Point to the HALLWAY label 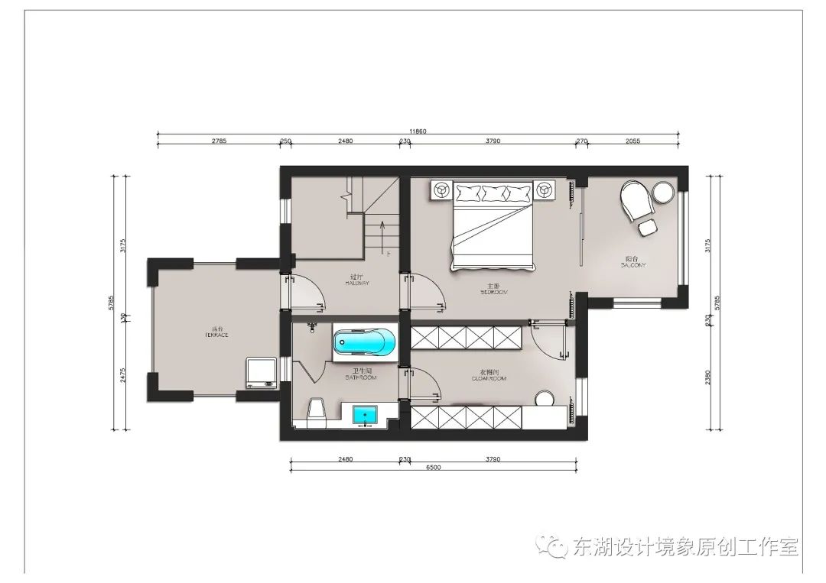tap(357, 283)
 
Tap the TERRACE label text tap(216, 335)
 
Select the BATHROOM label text tap(359, 377)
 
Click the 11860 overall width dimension tap(417, 131)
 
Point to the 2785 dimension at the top tap(218, 141)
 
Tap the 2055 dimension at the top tap(633, 141)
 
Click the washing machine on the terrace tap(262, 372)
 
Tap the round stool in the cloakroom tap(545, 399)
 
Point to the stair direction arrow tap(381, 230)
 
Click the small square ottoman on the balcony tap(648, 227)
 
